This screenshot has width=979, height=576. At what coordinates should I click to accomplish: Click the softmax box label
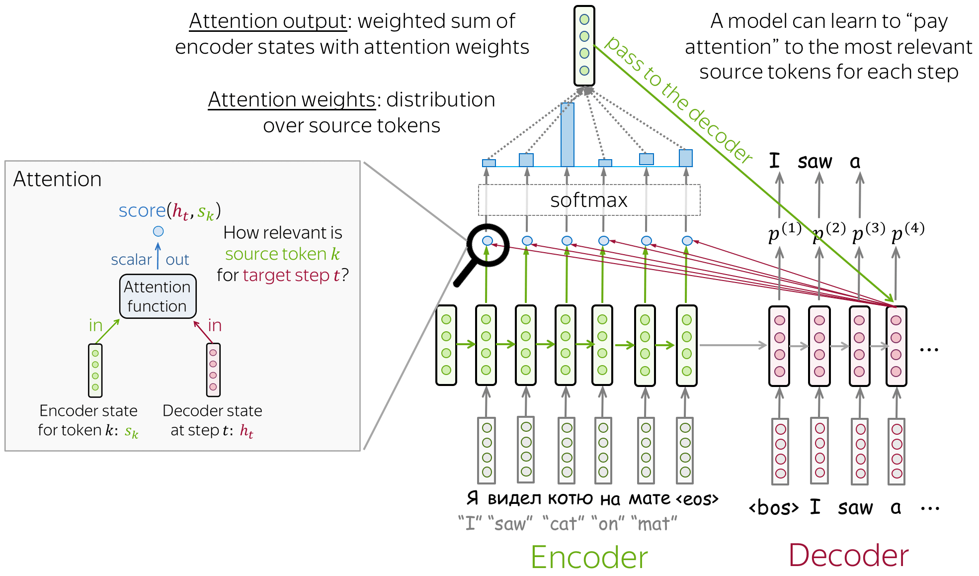[x=588, y=200]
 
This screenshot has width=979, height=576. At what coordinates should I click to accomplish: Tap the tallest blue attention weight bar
[x=567, y=134]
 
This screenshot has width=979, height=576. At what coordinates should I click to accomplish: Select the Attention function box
[x=158, y=296]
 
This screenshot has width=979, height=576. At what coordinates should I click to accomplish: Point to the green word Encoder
[x=589, y=557]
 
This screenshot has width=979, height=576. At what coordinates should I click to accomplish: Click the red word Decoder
[x=848, y=555]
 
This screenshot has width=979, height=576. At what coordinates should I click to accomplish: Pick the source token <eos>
[x=697, y=498]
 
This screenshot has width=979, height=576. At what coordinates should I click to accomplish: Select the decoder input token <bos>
[x=773, y=508]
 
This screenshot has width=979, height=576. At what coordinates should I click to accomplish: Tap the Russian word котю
[x=570, y=498]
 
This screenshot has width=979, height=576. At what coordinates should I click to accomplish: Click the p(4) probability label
[x=907, y=232]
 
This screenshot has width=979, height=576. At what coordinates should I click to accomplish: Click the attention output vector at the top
[x=584, y=46]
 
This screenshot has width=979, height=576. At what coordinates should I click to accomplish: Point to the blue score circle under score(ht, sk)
[x=158, y=231]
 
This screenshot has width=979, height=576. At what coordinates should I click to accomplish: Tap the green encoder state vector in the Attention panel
[x=95, y=370]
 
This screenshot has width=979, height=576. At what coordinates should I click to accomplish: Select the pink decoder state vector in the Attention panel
[x=213, y=370]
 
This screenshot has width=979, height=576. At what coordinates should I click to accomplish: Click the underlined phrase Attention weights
[x=292, y=100]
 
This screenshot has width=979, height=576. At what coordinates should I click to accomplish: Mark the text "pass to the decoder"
[x=678, y=99]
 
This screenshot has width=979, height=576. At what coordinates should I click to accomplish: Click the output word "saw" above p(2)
[x=815, y=162]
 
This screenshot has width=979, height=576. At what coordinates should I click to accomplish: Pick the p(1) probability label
[x=784, y=232]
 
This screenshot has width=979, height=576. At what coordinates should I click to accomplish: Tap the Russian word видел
[x=514, y=498]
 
